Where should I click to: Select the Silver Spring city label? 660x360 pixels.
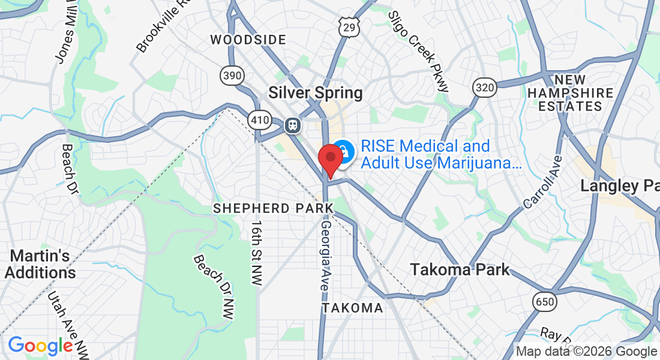(316, 93)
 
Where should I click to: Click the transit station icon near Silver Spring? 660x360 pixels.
(292, 125)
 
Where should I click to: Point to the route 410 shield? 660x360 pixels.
(260, 120)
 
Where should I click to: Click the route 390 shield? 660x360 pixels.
(231, 74)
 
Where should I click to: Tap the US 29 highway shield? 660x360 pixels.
(349, 26)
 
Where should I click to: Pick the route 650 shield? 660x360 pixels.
(545, 301)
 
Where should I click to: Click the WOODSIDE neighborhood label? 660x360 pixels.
(248, 40)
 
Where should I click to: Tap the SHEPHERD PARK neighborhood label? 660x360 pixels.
(274, 208)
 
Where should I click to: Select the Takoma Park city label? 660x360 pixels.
(460, 269)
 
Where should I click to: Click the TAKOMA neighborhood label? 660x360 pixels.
(352, 308)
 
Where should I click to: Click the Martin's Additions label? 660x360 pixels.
(40, 264)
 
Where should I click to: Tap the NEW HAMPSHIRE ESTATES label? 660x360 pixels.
(571, 93)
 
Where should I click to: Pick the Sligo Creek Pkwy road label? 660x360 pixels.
(419, 50)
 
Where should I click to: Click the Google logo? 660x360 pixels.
(40, 346)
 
